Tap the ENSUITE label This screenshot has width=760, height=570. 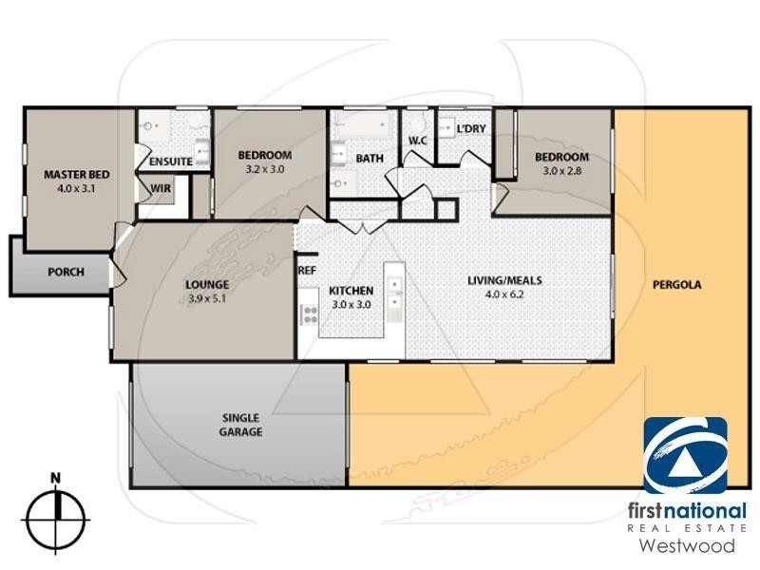click(x=171, y=162)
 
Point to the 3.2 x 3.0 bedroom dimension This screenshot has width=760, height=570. click(x=265, y=169)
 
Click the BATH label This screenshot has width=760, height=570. click(x=370, y=159)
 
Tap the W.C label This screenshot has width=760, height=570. click(x=419, y=142)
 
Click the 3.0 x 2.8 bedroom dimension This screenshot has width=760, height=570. click(x=560, y=171)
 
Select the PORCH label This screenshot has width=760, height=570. click(x=66, y=273)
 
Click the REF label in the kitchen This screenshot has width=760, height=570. click(x=307, y=271)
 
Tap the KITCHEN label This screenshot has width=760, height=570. click(x=351, y=291)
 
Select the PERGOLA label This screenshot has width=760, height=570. click(x=676, y=284)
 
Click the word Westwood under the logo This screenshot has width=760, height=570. click(x=685, y=546)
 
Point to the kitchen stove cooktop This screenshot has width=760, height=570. click(x=310, y=314)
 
